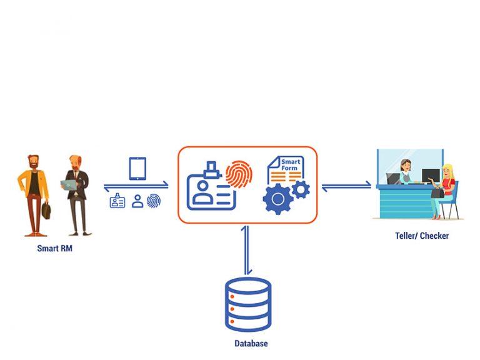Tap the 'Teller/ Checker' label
click(422, 236)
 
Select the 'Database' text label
click(251, 344)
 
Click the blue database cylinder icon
click(248, 304)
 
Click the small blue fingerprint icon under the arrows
click(153, 201)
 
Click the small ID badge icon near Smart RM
click(117, 201)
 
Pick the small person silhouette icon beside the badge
click(137, 201)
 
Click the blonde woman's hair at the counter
click(447, 171)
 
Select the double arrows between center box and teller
click(346, 185)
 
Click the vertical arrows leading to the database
click(248, 250)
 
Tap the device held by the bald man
click(68, 186)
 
